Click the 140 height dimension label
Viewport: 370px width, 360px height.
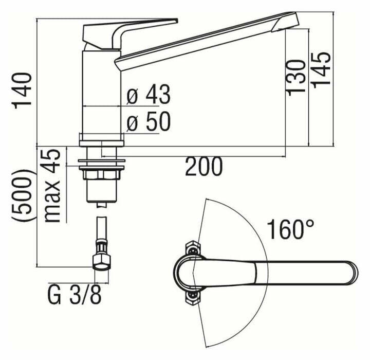[23, 90]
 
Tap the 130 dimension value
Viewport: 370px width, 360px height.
[297, 76]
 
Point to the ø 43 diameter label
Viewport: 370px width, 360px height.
[149, 95]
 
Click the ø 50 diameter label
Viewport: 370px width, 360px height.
[149, 122]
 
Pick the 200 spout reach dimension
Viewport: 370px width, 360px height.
[204, 167]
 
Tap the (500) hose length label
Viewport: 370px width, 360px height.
[24, 196]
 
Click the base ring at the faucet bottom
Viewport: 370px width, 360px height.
[102, 138]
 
